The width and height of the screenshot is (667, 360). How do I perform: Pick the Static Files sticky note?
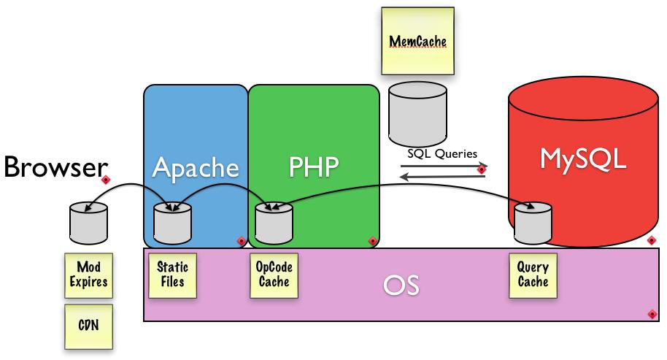[x=173, y=275]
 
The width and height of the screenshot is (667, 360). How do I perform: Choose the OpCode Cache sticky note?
[x=274, y=275]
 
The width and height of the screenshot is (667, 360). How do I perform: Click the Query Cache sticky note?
[x=532, y=275]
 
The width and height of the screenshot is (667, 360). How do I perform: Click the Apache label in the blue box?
[x=196, y=168]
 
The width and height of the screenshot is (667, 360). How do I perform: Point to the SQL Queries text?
[x=442, y=154]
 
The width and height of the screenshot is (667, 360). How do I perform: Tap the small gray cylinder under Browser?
[x=89, y=223]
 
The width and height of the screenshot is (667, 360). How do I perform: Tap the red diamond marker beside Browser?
[x=105, y=179]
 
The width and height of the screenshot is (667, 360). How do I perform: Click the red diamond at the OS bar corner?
[x=652, y=314]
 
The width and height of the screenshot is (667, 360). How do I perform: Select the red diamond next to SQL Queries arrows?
[x=481, y=169]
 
